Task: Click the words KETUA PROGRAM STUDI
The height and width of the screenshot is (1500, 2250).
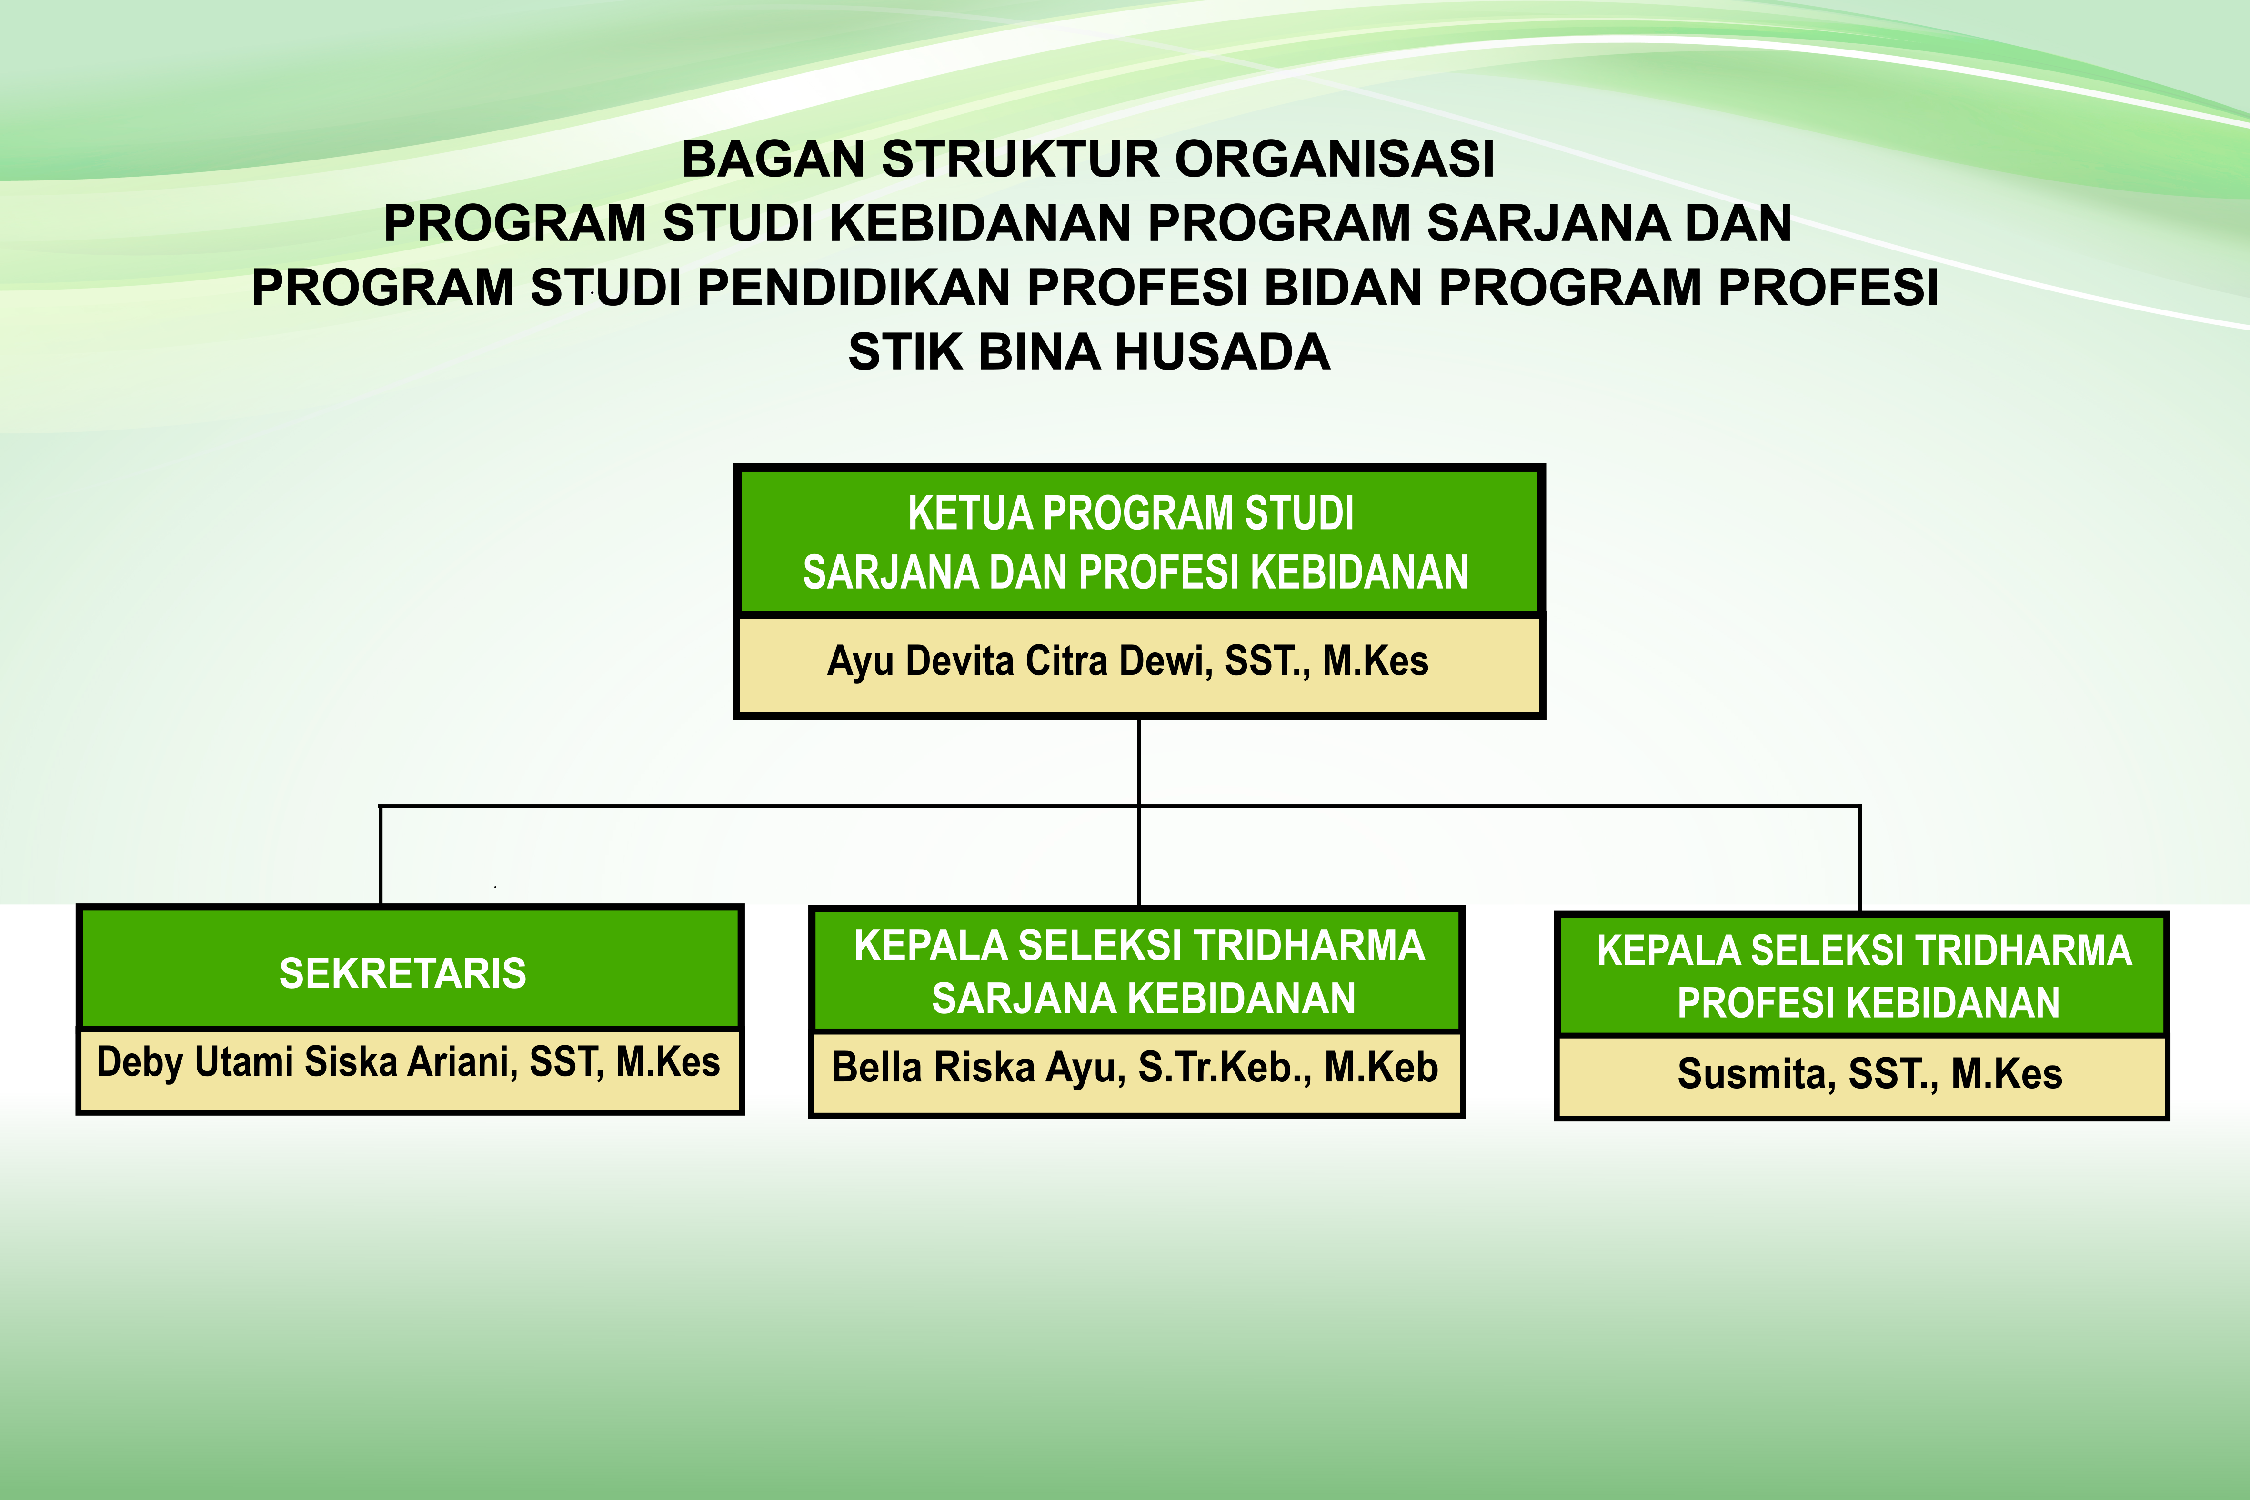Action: (1131, 514)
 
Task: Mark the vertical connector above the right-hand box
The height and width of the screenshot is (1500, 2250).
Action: (1860, 859)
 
